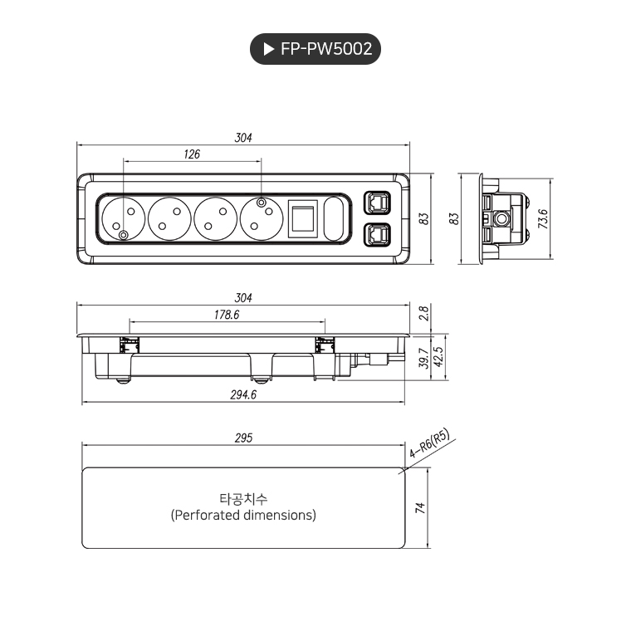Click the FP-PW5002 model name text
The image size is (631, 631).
point(325,50)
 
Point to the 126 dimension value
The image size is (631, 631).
point(192,154)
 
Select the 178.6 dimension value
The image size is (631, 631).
point(226,315)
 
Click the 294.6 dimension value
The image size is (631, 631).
point(242,395)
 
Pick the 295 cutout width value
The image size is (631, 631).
point(242,438)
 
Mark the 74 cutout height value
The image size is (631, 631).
point(420,507)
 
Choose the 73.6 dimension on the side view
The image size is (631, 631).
point(543,219)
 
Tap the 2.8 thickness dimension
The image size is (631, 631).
point(423,313)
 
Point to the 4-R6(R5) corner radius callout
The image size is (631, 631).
point(429,445)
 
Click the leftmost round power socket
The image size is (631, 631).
point(124,219)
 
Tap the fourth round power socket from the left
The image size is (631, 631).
point(262,219)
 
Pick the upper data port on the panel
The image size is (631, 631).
point(376,203)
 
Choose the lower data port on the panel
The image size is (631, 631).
point(376,236)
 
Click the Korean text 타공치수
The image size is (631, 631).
point(243,499)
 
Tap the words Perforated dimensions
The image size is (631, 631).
point(243,516)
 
